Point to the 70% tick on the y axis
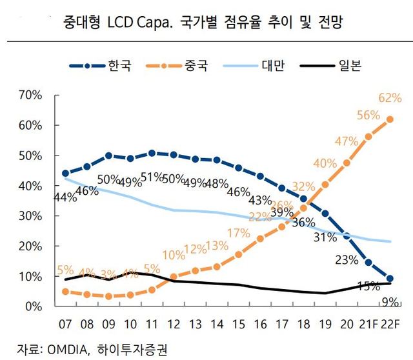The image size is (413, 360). [30, 95]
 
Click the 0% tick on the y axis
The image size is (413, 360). [34, 307]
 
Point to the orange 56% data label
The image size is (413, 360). [369, 115]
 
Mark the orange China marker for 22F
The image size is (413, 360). [390, 119]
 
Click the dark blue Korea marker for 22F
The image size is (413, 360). [390, 279]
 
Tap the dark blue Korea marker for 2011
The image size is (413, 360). [152, 153]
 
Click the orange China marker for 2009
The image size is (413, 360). [109, 296]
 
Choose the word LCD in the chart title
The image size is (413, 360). [124, 25]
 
